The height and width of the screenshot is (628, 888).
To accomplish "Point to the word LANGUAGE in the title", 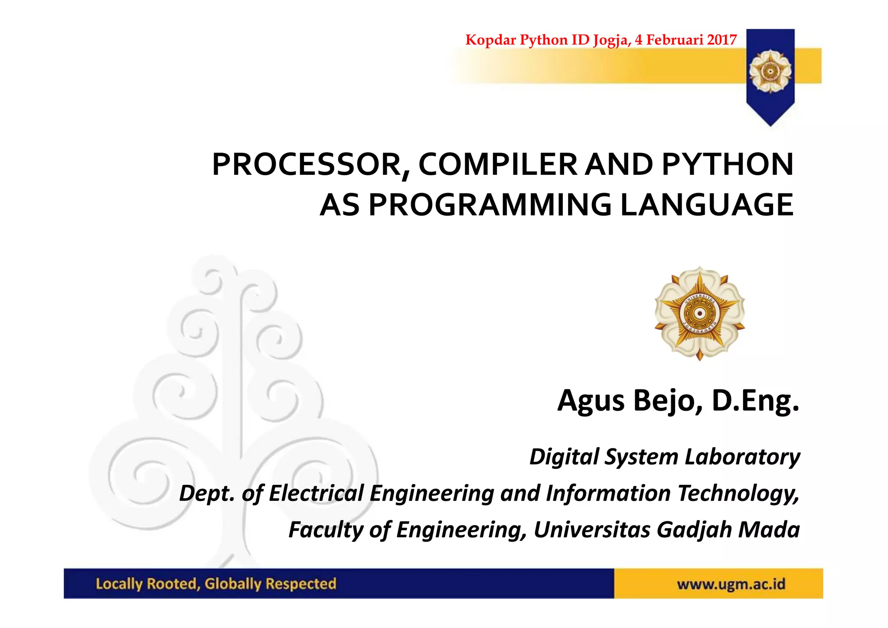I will click(707, 205).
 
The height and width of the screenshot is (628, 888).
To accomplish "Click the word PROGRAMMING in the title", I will click(490, 205).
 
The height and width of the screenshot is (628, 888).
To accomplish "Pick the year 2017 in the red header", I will click(721, 40).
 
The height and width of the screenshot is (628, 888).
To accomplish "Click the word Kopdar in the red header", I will click(490, 40).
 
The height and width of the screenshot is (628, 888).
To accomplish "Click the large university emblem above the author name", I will click(699, 313).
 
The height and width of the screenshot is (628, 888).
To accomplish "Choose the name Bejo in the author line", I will click(668, 401).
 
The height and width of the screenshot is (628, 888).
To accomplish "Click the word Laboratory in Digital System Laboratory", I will click(742, 457).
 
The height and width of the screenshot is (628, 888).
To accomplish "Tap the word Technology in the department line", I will click(738, 493).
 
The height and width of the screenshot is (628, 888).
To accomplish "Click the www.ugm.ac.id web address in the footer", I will click(731, 584).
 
